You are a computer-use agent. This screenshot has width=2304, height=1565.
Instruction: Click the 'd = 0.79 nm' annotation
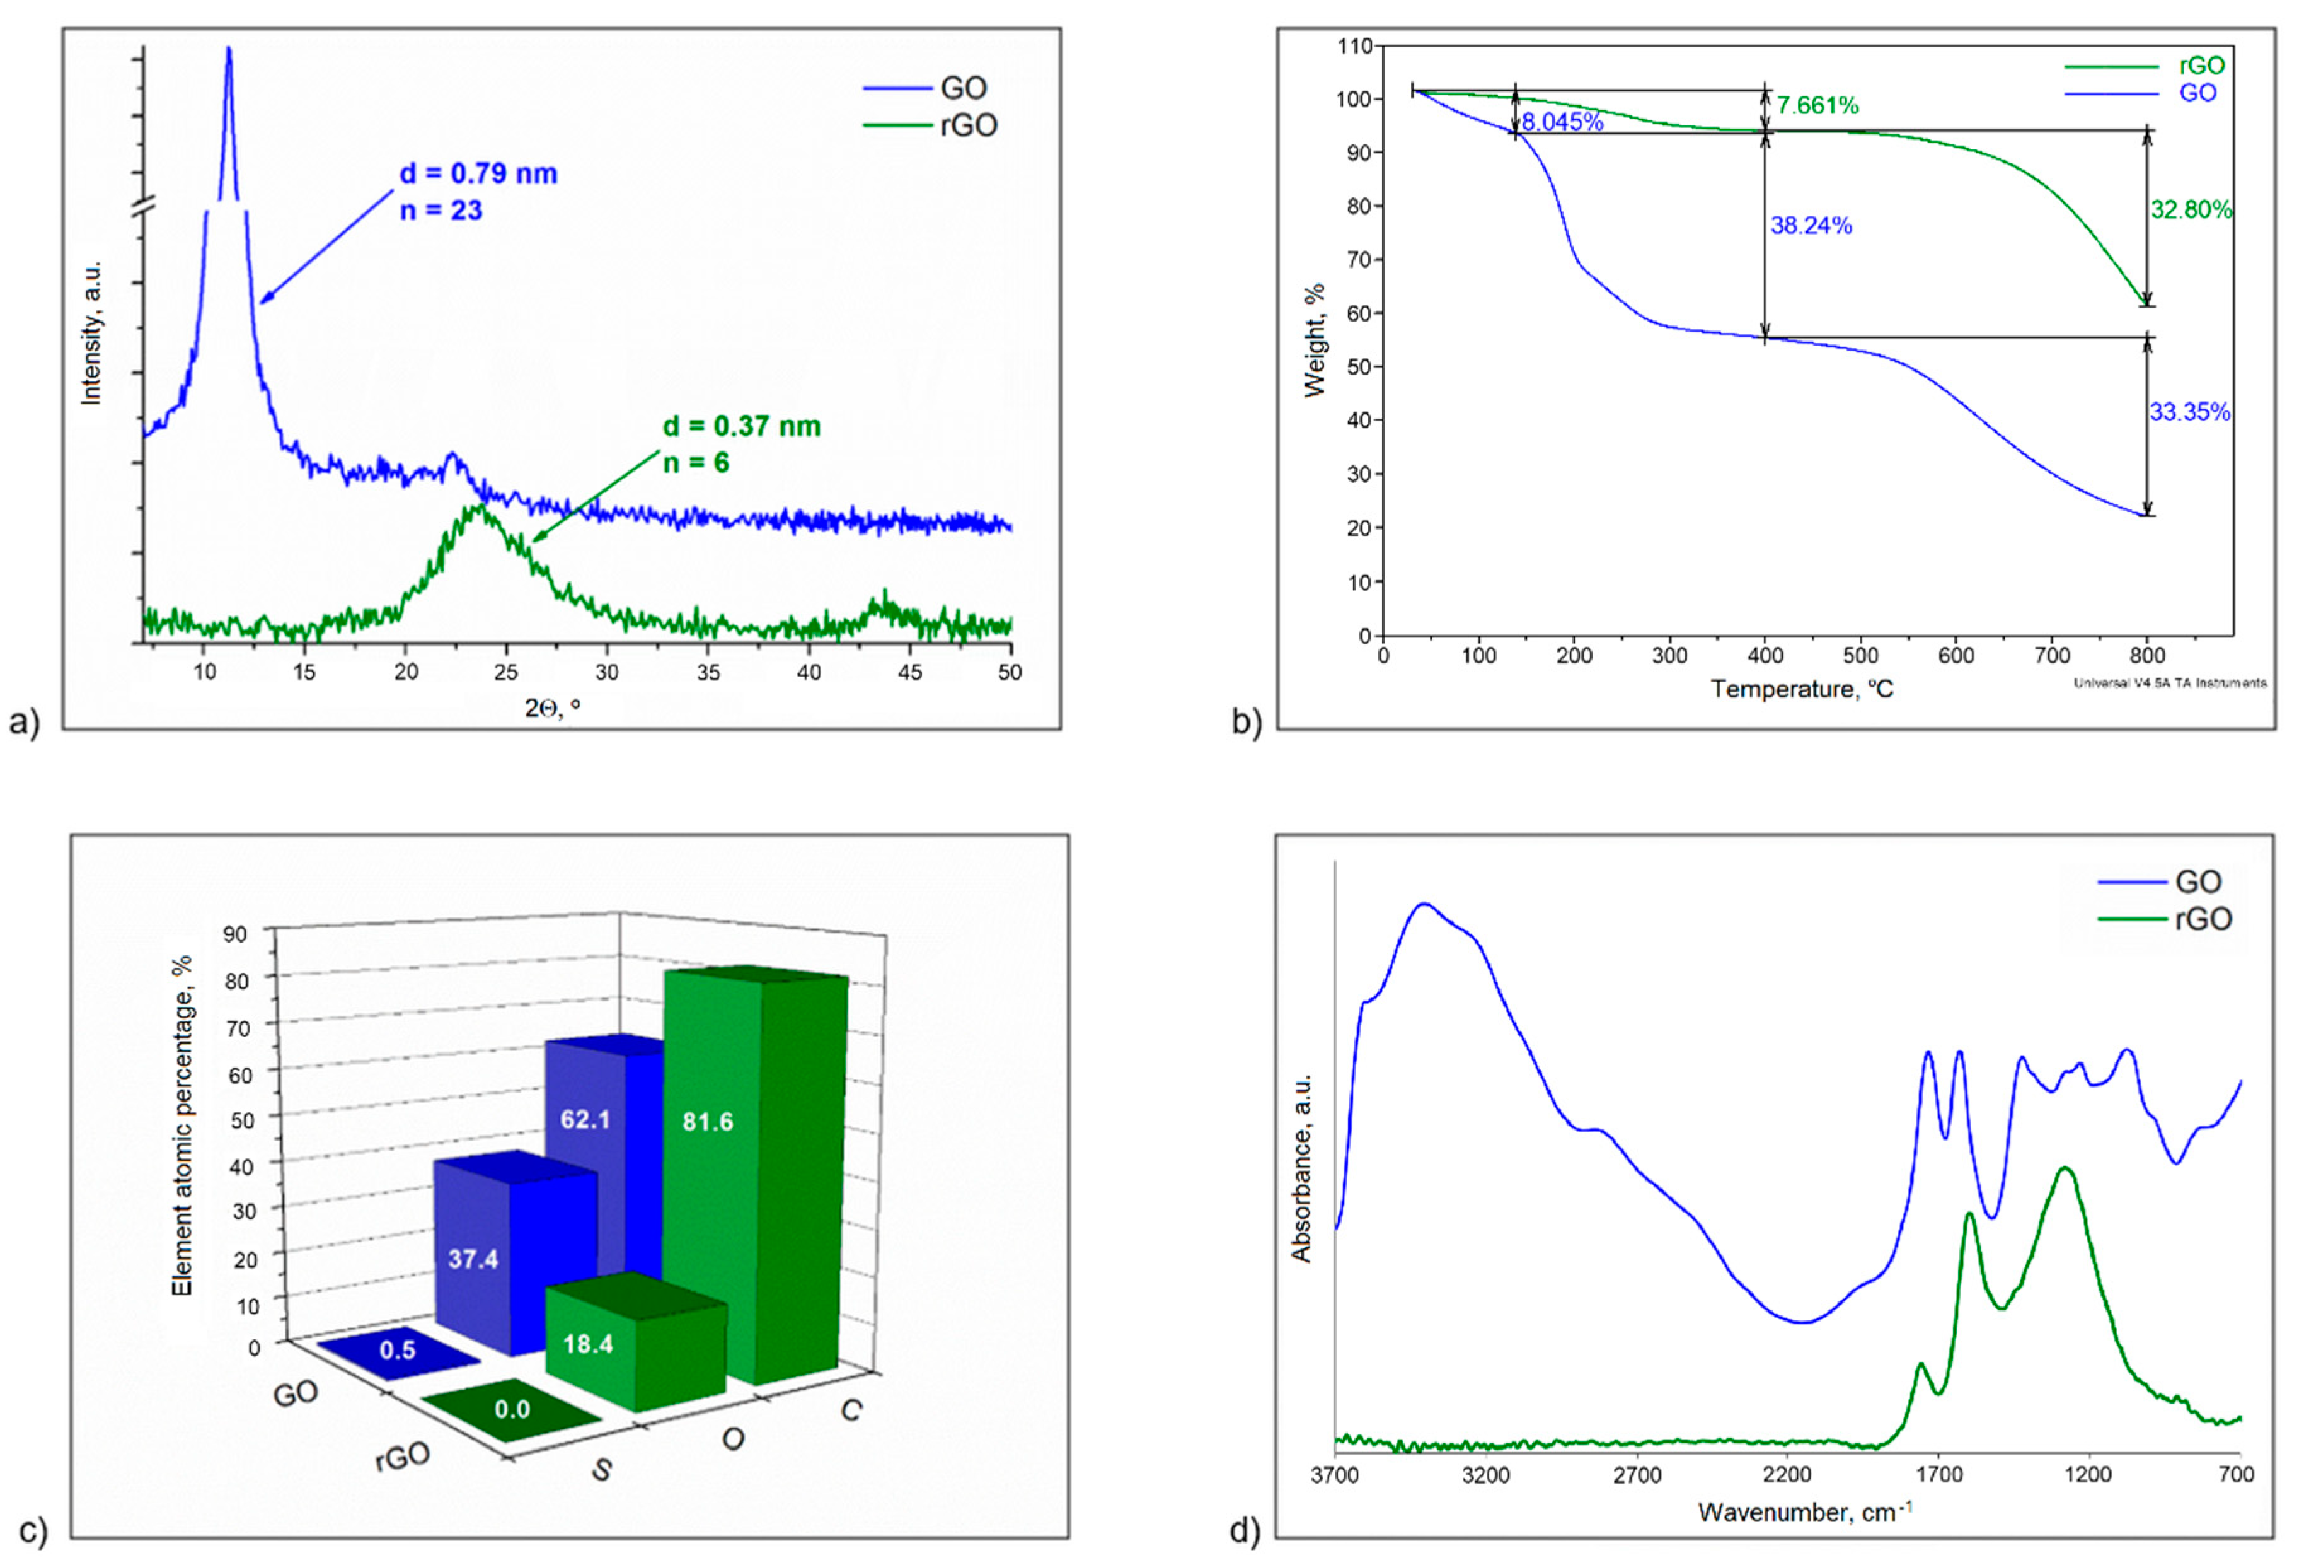[x=478, y=173]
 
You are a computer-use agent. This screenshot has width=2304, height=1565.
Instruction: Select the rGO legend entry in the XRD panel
[x=967, y=125]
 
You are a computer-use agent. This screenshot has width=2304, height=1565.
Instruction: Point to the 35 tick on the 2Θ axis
[x=708, y=672]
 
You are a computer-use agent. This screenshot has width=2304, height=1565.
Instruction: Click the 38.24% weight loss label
[x=1811, y=226]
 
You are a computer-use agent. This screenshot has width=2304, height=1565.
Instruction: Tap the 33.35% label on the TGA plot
[x=2189, y=412]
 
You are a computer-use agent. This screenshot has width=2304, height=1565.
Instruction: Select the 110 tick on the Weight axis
[x=1354, y=45]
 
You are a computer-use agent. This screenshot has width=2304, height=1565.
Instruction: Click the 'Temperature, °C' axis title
[x=1801, y=689]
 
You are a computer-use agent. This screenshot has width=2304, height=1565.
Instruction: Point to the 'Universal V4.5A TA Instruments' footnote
[x=2169, y=682]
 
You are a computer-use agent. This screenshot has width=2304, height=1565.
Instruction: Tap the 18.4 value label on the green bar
[x=588, y=1345]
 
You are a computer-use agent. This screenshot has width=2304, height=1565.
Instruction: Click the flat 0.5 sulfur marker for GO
[x=398, y=1351]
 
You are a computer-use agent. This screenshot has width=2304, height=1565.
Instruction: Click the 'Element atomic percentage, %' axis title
[x=181, y=1126]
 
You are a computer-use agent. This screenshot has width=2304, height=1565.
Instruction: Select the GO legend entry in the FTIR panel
[x=2196, y=881]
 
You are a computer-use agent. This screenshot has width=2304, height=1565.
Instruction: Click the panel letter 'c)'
[x=33, y=1532]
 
